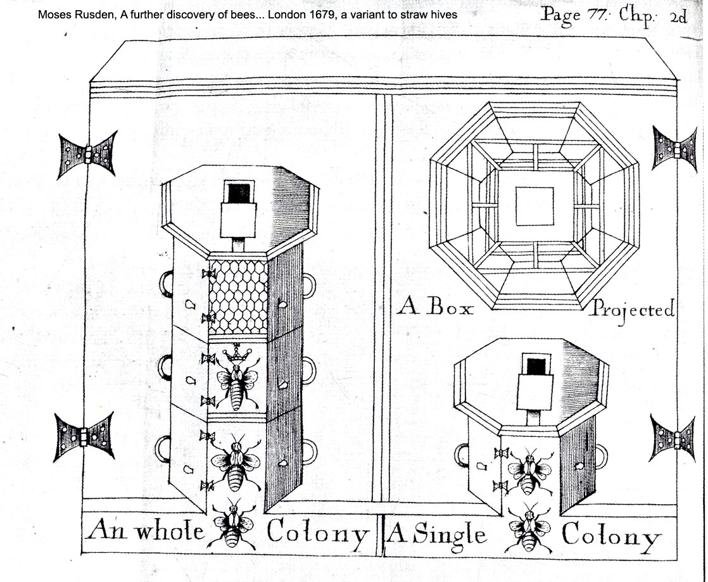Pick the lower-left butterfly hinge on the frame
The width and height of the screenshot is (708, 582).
(x=84, y=436)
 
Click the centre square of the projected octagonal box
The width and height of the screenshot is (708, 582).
(x=534, y=206)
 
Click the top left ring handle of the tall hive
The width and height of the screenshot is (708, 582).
(x=166, y=283)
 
